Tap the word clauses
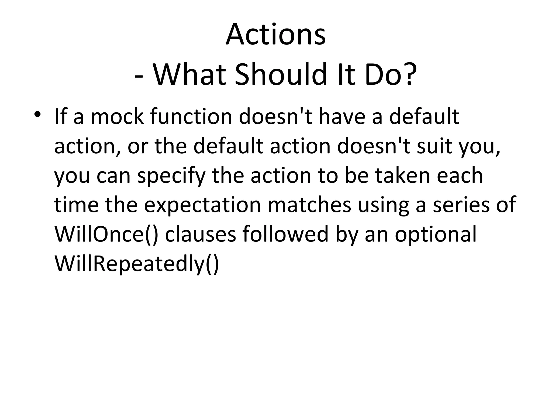click(200, 234)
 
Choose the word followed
click(285, 234)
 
